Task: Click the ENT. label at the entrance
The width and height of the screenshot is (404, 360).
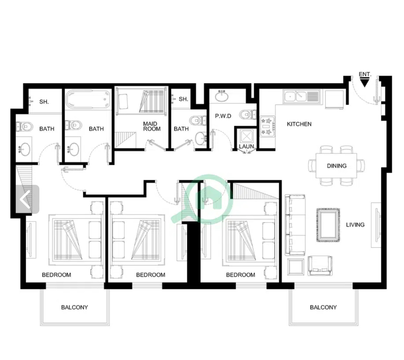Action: point(365,74)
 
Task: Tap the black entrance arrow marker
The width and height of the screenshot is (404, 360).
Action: point(365,83)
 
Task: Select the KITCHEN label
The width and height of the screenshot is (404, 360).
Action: point(299,124)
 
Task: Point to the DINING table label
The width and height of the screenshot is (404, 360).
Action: point(337,166)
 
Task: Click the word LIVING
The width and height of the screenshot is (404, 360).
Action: point(355,225)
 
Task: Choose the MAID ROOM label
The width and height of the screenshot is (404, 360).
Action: point(152,126)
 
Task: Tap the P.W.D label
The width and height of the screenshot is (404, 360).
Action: point(223,116)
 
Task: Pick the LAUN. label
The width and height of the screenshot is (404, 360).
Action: point(247,146)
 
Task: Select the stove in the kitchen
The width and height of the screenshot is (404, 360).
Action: point(268,126)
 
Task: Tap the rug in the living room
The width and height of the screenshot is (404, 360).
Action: point(328,225)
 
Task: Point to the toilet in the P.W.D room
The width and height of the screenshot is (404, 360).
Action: point(248,114)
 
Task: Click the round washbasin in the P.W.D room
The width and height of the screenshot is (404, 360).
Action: point(222,96)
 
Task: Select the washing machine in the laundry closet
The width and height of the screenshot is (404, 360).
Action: point(247,136)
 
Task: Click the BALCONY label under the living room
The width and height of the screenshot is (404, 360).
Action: point(323,307)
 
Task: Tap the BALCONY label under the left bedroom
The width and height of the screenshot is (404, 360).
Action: point(75,307)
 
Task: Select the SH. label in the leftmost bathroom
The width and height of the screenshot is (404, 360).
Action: point(44,102)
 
